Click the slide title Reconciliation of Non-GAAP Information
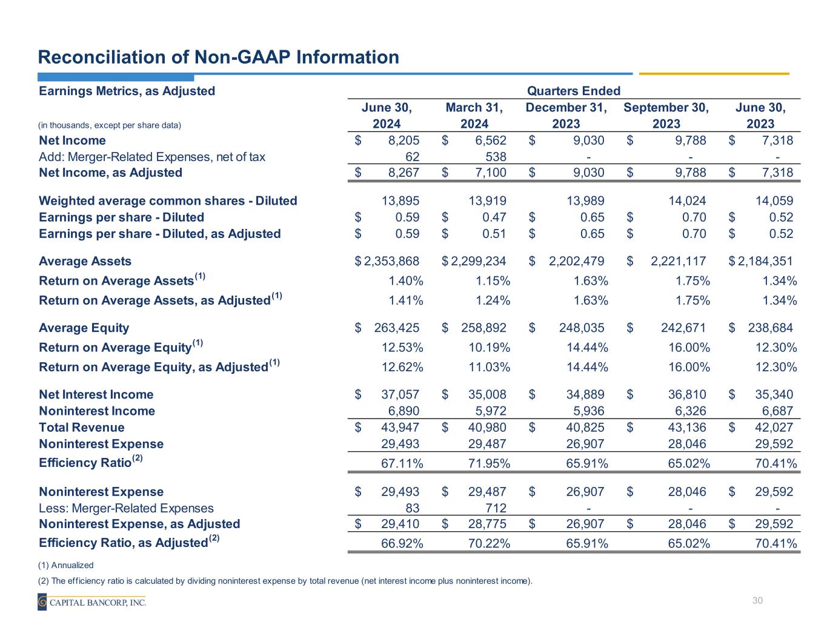click(218, 57)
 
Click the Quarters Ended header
click(573, 91)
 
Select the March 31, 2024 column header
click(474, 116)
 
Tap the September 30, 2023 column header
click(666, 116)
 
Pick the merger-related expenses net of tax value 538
click(495, 157)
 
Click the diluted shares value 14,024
click(687, 201)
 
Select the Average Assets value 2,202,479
click(576, 262)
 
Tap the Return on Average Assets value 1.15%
click(489, 281)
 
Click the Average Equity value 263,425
click(397, 328)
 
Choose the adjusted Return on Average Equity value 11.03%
click(489, 367)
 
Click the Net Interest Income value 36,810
click(687, 395)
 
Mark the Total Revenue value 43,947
click(400, 428)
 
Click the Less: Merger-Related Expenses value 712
click(495, 508)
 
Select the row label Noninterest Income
click(97, 411)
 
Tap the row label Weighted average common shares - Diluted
click(168, 201)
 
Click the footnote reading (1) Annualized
click(65, 565)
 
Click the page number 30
click(757, 601)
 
